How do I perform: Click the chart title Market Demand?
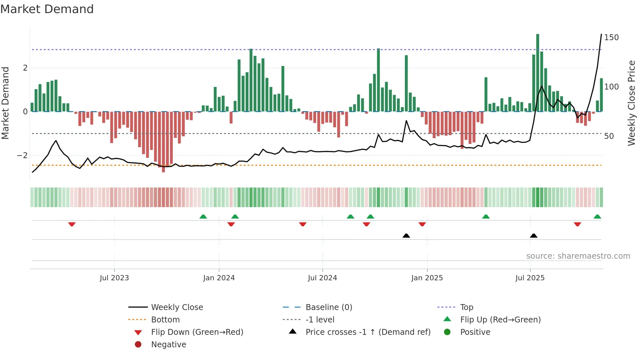[x=47, y=9]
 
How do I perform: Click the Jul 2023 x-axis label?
[x=114, y=278]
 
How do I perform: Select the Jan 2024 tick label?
[x=219, y=278]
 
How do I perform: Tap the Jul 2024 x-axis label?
[x=322, y=278]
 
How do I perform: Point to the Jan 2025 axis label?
[x=427, y=278]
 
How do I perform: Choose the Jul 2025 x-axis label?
[x=530, y=278]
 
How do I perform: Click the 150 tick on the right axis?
[x=611, y=38]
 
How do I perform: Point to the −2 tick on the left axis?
[x=22, y=155]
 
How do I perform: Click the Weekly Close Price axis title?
[x=632, y=103]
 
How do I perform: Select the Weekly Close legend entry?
[x=177, y=307]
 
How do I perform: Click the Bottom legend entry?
[x=165, y=320]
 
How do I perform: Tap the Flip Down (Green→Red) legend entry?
[x=197, y=332]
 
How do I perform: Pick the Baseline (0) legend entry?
[x=328, y=307]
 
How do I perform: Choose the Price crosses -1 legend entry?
[x=368, y=332]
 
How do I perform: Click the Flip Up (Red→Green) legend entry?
[x=500, y=320]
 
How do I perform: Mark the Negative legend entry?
[x=168, y=345]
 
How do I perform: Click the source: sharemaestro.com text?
[x=578, y=256]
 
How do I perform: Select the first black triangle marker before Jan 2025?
[x=406, y=236]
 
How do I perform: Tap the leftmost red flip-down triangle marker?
[x=72, y=224]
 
